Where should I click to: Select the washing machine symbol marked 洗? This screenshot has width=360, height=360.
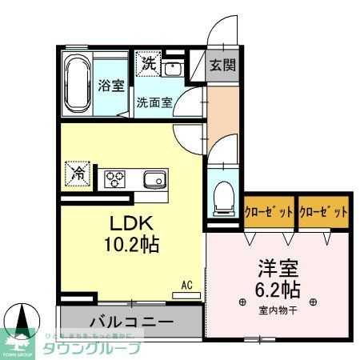pyautogui.click(x=148, y=64)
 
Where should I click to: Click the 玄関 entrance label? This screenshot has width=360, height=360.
pyautogui.click(x=223, y=66)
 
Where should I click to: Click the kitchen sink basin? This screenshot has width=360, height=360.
pyautogui.click(x=154, y=178)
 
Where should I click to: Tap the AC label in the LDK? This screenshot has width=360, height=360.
pyautogui.click(x=186, y=285)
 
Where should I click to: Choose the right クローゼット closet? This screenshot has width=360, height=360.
pyautogui.click(x=324, y=213)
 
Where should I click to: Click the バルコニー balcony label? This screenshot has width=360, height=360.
pyautogui.click(x=130, y=322)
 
